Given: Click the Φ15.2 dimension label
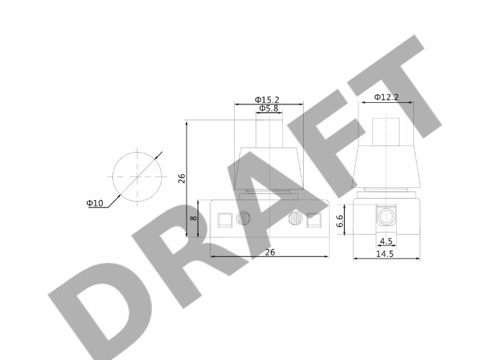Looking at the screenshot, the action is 267,99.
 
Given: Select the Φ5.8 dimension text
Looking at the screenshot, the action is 269,108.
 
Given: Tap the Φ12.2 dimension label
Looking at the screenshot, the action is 387,97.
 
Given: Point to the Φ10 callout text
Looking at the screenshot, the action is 95,203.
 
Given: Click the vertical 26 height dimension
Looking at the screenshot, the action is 182,179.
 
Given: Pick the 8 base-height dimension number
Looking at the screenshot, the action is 194,218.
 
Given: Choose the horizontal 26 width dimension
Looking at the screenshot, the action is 270,252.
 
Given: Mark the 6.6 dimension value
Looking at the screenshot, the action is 340,221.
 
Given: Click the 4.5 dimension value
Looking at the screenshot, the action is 386,241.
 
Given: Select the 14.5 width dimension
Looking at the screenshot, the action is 384,254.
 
